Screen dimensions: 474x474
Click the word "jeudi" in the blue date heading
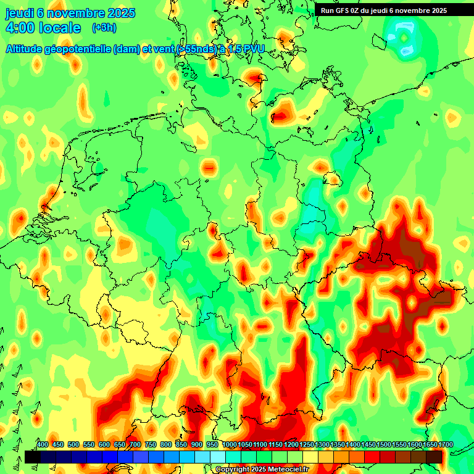click(x=19, y=13)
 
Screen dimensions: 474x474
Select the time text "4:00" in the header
click(x=20, y=28)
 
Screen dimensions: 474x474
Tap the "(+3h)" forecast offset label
click(x=104, y=28)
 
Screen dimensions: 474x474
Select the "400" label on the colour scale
click(x=43, y=445)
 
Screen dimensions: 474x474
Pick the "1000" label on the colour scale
click(x=230, y=445)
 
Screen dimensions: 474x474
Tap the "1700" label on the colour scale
click(x=446, y=445)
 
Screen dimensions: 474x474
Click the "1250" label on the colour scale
click(x=307, y=445)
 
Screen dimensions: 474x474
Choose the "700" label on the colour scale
click(x=135, y=445)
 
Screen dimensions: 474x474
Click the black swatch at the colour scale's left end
click(x=33, y=457)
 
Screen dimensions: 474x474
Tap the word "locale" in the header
click(x=59, y=28)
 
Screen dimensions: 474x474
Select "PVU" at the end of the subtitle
click(x=253, y=49)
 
